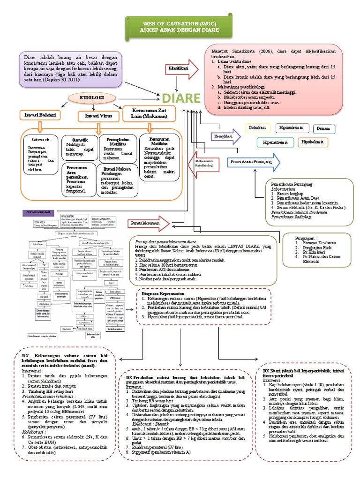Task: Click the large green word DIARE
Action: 181,98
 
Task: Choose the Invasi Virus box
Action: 97,115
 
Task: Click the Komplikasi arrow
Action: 225,136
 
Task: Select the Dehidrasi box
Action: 259,127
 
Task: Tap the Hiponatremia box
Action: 291,127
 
